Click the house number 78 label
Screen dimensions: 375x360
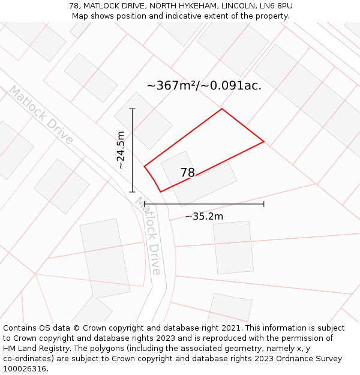pos(188,173)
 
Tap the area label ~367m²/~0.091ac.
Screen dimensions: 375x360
pos(204,85)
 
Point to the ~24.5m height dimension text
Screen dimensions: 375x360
pos(121,150)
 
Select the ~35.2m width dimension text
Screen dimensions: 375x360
pos(204,217)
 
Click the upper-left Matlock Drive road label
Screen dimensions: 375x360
pos(40,115)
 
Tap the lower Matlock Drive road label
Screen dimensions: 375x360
pos(149,236)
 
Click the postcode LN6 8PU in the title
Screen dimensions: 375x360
pos(276,6)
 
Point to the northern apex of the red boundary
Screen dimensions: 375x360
pos(222,109)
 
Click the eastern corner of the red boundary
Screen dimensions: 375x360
pos(264,142)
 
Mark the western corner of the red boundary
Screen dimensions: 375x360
pos(145,166)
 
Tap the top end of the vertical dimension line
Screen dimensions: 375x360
pos(133,109)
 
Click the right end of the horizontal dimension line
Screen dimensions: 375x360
pos(264,204)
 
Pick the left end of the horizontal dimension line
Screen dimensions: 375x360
pos(145,204)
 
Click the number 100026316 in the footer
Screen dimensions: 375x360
pos(24,369)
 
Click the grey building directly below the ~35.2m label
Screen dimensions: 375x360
pos(233,247)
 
